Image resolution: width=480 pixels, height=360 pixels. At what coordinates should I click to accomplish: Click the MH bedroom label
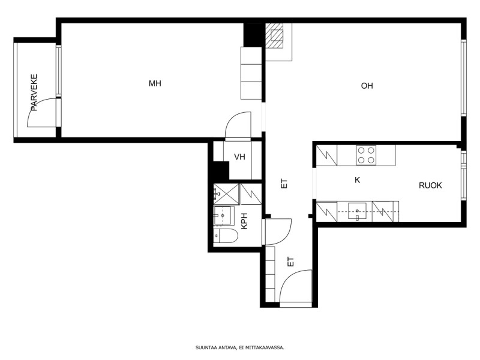pyautogui.click(x=155, y=83)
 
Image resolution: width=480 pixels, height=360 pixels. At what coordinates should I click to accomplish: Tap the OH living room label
pyautogui.click(x=367, y=86)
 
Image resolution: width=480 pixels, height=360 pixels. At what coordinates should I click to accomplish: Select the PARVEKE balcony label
pyautogui.click(x=34, y=92)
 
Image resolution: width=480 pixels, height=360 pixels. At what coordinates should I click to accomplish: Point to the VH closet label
pyautogui.click(x=239, y=157)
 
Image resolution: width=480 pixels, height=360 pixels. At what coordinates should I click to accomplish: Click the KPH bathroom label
pyautogui.click(x=244, y=221)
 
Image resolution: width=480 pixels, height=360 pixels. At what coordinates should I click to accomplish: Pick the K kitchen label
pyautogui.click(x=357, y=181)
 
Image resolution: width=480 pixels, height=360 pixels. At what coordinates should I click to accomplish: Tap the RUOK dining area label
pyautogui.click(x=430, y=185)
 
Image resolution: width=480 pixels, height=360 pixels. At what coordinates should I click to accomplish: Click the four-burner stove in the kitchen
pyautogui.click(x=366, y=155)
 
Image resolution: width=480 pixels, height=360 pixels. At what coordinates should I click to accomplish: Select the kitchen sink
pyautogui.click(x=357, y=212)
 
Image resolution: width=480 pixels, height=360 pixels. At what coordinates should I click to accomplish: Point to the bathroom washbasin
pyautogui.click(x=223, y=216)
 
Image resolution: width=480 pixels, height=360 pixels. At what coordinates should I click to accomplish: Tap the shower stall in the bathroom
pyautogui.click(x=226, y=194)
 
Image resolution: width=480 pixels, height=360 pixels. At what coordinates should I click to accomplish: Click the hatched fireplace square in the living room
pyautogui.click(x=274, y=36)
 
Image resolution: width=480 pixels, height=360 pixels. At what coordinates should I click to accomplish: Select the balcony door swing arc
pyautogui.click(x=36, y=106)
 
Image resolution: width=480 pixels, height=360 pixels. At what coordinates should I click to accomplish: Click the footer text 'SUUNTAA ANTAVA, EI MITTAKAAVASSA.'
pyautogui.click(x=240, y=348)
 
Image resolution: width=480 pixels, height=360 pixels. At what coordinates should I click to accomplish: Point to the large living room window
pyautogui.click(x=464, y=78)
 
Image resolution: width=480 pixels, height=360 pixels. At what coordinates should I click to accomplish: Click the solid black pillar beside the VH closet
pyautogui.click(x=221, y=170)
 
